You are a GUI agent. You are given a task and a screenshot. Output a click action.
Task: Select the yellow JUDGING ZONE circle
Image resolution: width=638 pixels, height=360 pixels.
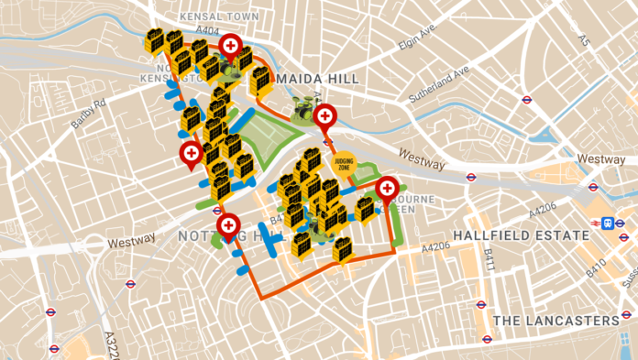pyautogui.click(x=345, y=165)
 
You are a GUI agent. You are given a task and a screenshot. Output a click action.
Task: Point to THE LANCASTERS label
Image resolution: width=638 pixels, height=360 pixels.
pyautogui.click(x=556, y=320)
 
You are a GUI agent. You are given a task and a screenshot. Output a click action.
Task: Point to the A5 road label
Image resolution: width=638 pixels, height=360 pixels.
pyautogui.click(x=582, y=38)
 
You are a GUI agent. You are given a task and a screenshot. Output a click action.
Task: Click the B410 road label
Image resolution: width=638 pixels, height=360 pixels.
pyautogui.click(x=596, y=269)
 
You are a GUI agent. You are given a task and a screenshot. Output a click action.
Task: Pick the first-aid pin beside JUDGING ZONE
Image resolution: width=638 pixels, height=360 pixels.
pyautogui.click(x=324, y=117)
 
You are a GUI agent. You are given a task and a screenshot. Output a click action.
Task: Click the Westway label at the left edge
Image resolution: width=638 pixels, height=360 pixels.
pyautogui.click(x=132, y=244)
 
